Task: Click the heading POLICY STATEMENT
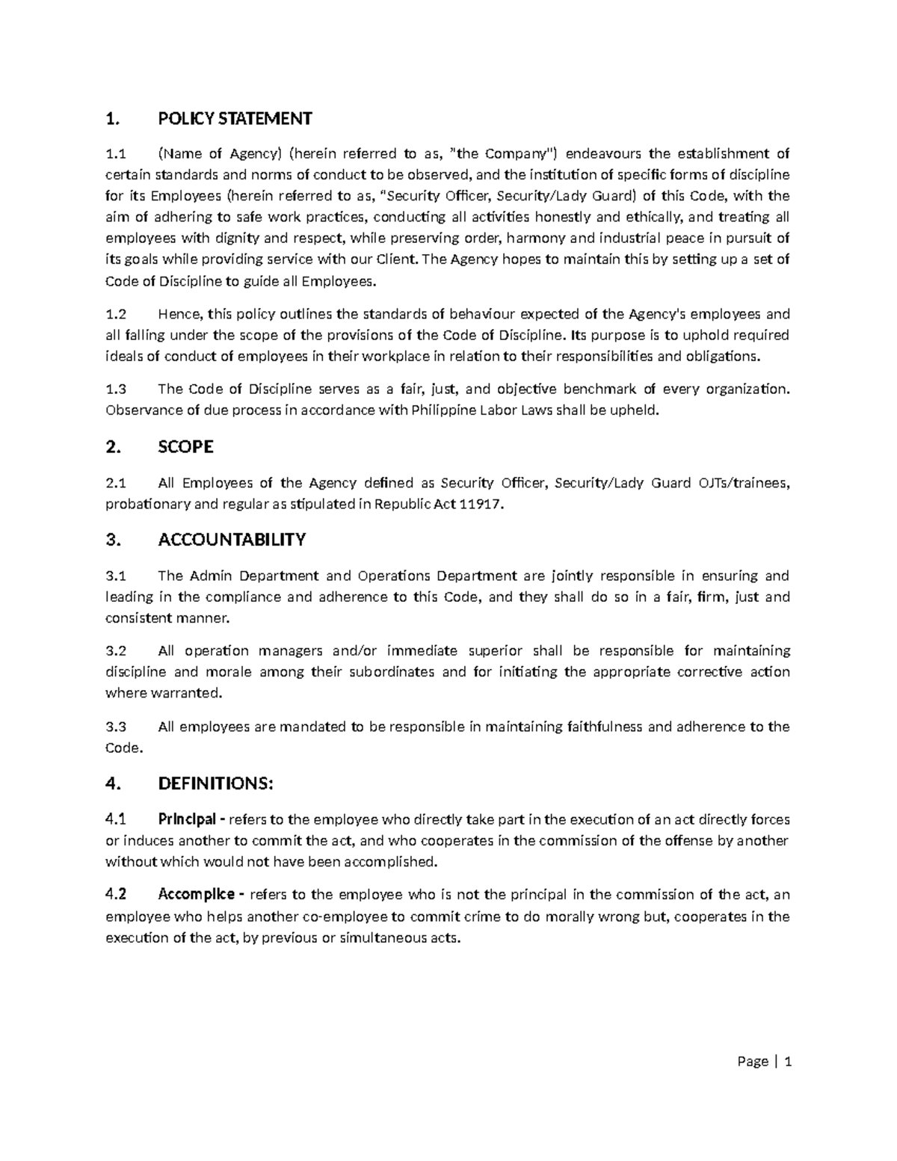coord(235,118)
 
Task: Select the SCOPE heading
coord(186,447)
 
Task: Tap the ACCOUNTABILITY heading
coord(232,540)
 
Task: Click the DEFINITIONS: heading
coord(216,783)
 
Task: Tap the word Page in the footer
coord(752,1062)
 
